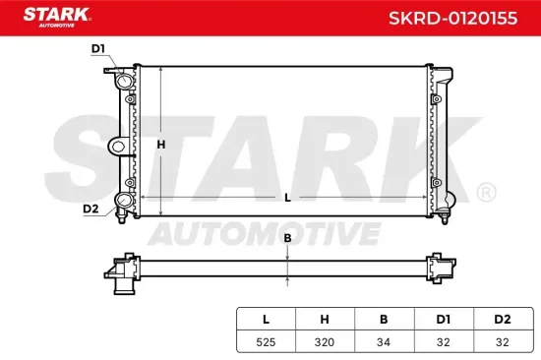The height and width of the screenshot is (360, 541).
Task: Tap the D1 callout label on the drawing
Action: click(x=97, y=48)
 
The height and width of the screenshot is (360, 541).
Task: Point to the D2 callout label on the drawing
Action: click(x=90, y=209)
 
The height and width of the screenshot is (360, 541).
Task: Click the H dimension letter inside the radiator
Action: click(x=162, y=145)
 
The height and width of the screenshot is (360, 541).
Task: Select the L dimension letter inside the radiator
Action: click(x=286, y=198)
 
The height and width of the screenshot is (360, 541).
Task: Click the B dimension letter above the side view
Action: click(x=287, y=238)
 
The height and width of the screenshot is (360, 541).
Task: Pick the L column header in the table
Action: click(x=266, y=320)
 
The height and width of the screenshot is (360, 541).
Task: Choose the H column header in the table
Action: click(x=325, y=320)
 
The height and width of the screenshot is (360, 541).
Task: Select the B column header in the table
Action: click(x=384, y=320)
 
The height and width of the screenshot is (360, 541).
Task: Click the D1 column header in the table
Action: click(x=443, y=320)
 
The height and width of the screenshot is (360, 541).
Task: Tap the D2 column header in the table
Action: click(x=502, y=320)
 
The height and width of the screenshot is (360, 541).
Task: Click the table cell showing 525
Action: click(x=266, y=342)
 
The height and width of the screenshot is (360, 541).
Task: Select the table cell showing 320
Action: click(x=325, y=342)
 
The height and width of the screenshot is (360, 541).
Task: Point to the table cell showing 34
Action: click(x=384, y=342)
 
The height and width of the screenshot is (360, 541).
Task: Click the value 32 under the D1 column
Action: click(x=443, y=342)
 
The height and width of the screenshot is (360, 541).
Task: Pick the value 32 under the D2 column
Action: click(x=502, y=342)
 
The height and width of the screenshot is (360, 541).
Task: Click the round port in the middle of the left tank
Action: click(x=118, y=147)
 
